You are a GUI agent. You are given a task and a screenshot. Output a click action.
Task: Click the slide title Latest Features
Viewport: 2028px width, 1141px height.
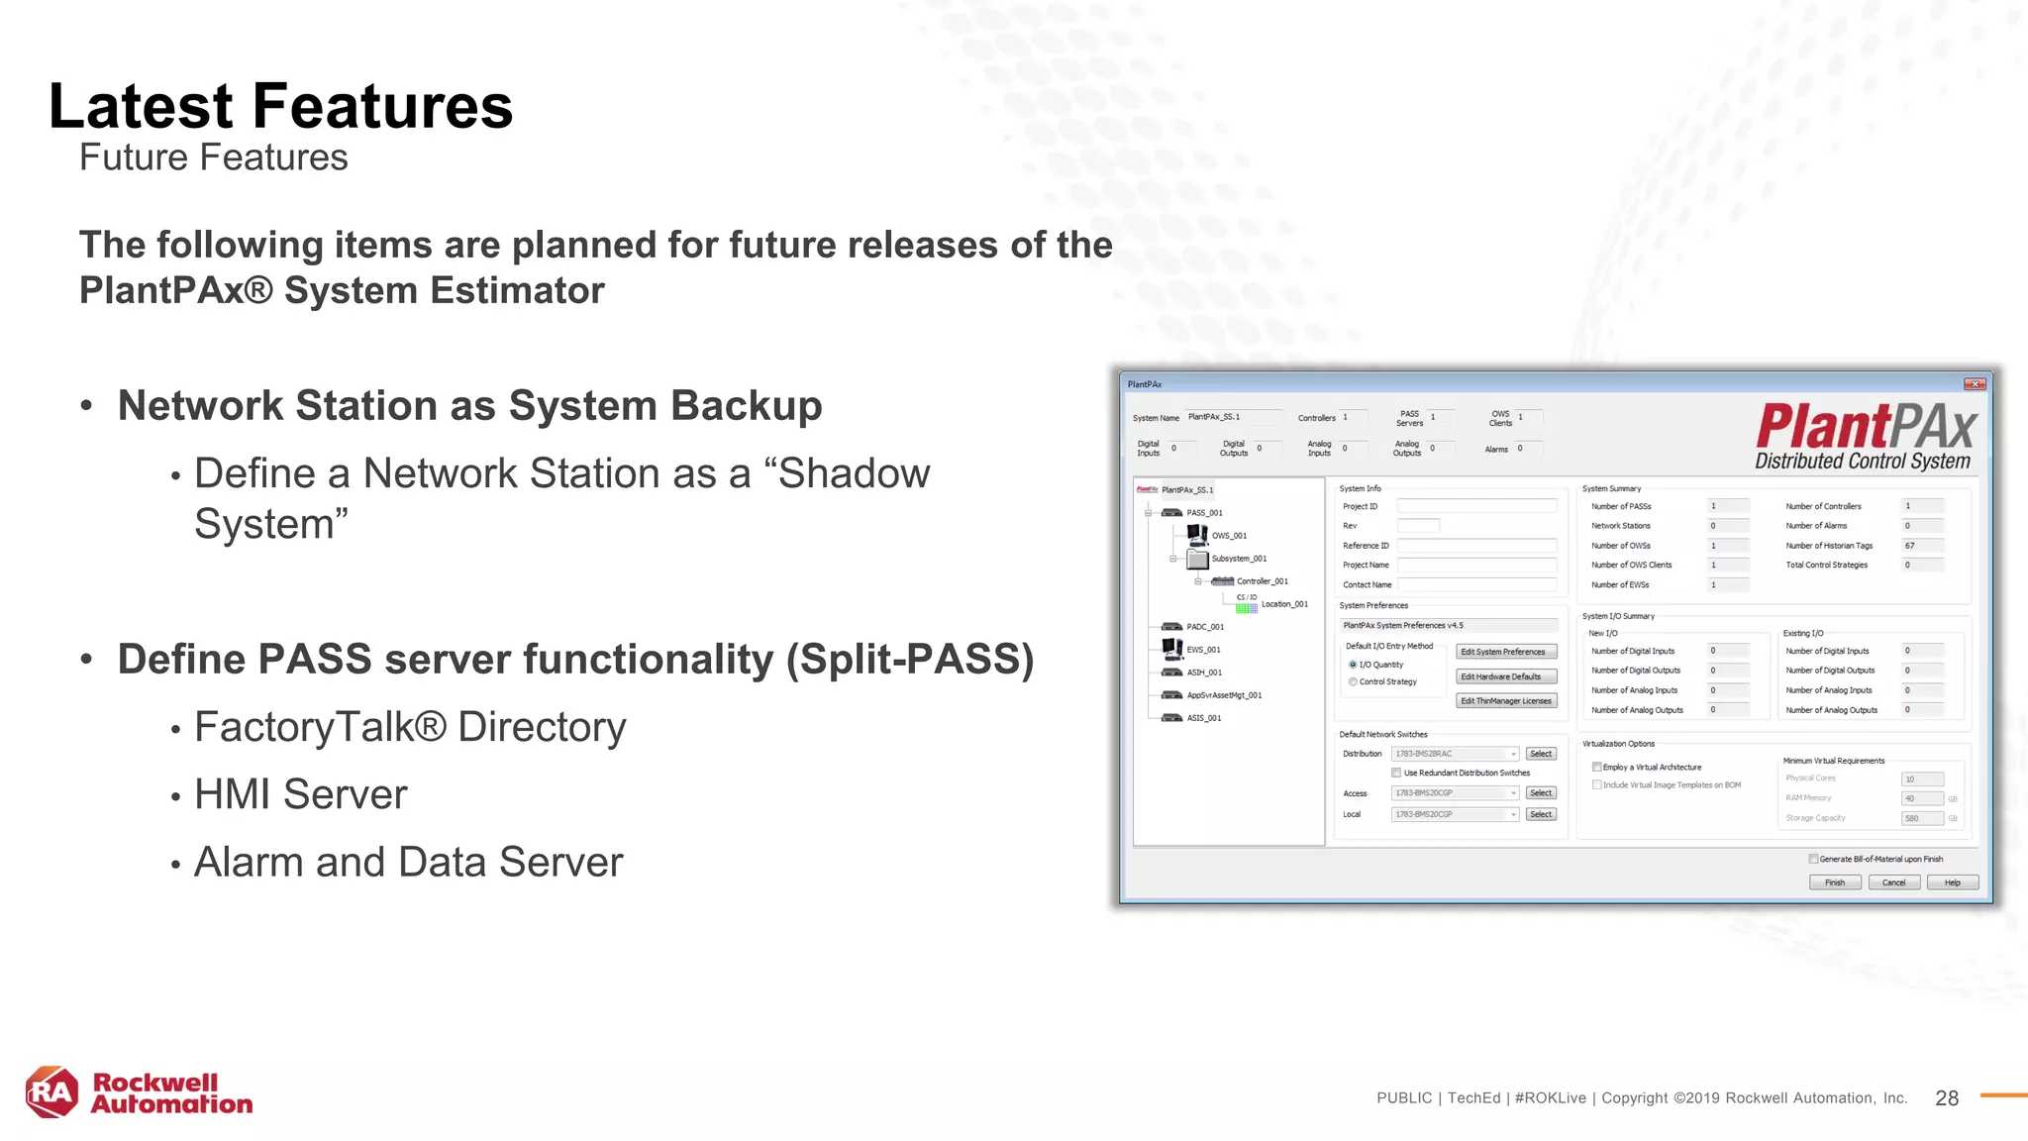click(x=280, y=106)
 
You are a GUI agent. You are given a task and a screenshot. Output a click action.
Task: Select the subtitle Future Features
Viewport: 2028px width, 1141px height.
click(x=213, y=157)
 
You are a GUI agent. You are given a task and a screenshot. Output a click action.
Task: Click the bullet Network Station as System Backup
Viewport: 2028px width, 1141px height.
click(x=469, y=406)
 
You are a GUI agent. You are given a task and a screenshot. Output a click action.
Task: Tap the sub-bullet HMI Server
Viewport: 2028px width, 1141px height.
click(x=300, y=794)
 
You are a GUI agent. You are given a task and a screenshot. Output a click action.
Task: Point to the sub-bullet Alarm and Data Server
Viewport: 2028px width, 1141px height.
click(x=408, y=862)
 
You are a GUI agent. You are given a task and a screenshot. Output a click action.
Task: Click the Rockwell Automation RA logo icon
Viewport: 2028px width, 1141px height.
click(x=51, y=1092)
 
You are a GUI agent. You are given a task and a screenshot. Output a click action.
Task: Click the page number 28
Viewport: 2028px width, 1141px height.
click(x=1946, y=1097)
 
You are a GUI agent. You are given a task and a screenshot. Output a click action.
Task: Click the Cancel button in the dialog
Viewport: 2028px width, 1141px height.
click(x=1893, y=882)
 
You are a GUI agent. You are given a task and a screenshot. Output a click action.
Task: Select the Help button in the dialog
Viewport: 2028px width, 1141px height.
click(x=1952, y=882)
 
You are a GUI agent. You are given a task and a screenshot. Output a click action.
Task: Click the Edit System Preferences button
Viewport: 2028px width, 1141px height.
click(x=1505, y=652)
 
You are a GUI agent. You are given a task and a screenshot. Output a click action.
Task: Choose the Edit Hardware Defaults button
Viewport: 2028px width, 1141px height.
click(x=1505, y=676)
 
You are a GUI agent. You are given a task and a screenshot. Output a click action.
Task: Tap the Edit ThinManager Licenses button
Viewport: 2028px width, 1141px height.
click(x=1505, y=701)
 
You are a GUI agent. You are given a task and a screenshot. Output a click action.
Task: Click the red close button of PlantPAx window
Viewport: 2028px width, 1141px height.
click(x=1975, y=384)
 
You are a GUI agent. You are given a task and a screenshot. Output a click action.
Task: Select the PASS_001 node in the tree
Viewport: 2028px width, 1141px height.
click(x=1204, y=513)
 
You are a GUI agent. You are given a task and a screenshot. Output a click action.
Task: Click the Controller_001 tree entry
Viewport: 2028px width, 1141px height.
click(x=1262, y=581)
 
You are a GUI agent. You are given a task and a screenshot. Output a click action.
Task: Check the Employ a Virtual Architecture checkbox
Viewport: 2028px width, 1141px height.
click(x=1597, y=768)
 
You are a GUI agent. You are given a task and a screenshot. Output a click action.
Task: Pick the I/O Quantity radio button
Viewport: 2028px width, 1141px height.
click(x=1353, y=665)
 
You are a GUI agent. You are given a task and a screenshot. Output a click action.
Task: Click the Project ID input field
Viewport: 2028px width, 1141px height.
click(x=1475, y=506)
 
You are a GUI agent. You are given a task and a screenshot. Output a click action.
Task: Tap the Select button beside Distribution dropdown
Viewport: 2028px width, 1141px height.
click(x=1541, y=754)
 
